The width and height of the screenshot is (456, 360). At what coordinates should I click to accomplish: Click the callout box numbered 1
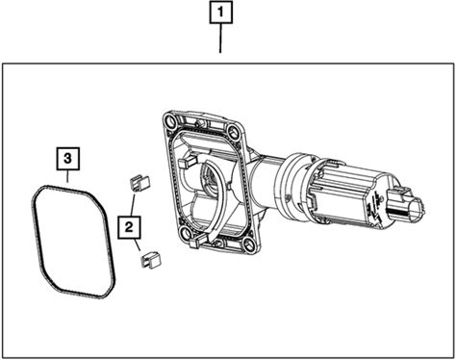pyautogui.click(x=221, y=13)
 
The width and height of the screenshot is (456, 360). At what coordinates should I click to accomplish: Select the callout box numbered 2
pyautogui.click(x=129, y=227)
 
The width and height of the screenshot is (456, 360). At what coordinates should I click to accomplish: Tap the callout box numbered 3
pyautogui.click(x=68, y=159)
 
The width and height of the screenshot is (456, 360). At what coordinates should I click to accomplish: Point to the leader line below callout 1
pyautogui.click(x=220, y=39)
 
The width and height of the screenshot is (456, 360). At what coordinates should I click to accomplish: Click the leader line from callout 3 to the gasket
pyautogui.click(x=67, y=176)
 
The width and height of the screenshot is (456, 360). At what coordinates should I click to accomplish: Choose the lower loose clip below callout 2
pyautogui.click(x=151, y=259)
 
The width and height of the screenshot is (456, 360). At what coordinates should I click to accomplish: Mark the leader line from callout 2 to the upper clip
pyautogui.click(x=133, y=205)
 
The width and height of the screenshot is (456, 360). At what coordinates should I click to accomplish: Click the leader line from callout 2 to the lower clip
pyautogui.click(x=138, y=244)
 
